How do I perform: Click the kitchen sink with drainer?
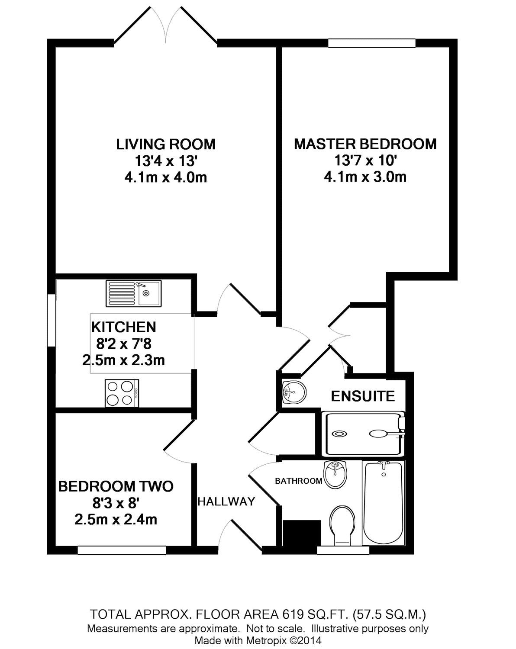click(x=133, y=293)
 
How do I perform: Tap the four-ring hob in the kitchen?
click(x=122, y=393)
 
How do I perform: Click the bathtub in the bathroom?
click(x=383, y=503)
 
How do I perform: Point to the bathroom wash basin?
click(x=335, y=474)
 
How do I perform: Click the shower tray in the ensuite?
click(x=363, y=434)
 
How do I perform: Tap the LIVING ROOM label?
click(x=166, y=144)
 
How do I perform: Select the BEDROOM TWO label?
click(x=116, y=486)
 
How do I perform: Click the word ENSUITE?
click(x=363, y=396)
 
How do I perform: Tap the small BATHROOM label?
click(x=299, y=481)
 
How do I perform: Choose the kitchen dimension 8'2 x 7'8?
click(x=124, y=344)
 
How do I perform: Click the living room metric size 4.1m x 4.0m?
click(x=166, y=177)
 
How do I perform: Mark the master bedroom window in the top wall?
click(x=372, y=43)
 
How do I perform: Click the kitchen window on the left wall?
click(x=52, y=320)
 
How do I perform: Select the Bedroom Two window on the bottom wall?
click(x=122, y=550)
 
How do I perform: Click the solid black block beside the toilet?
click(x=301, y=533)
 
